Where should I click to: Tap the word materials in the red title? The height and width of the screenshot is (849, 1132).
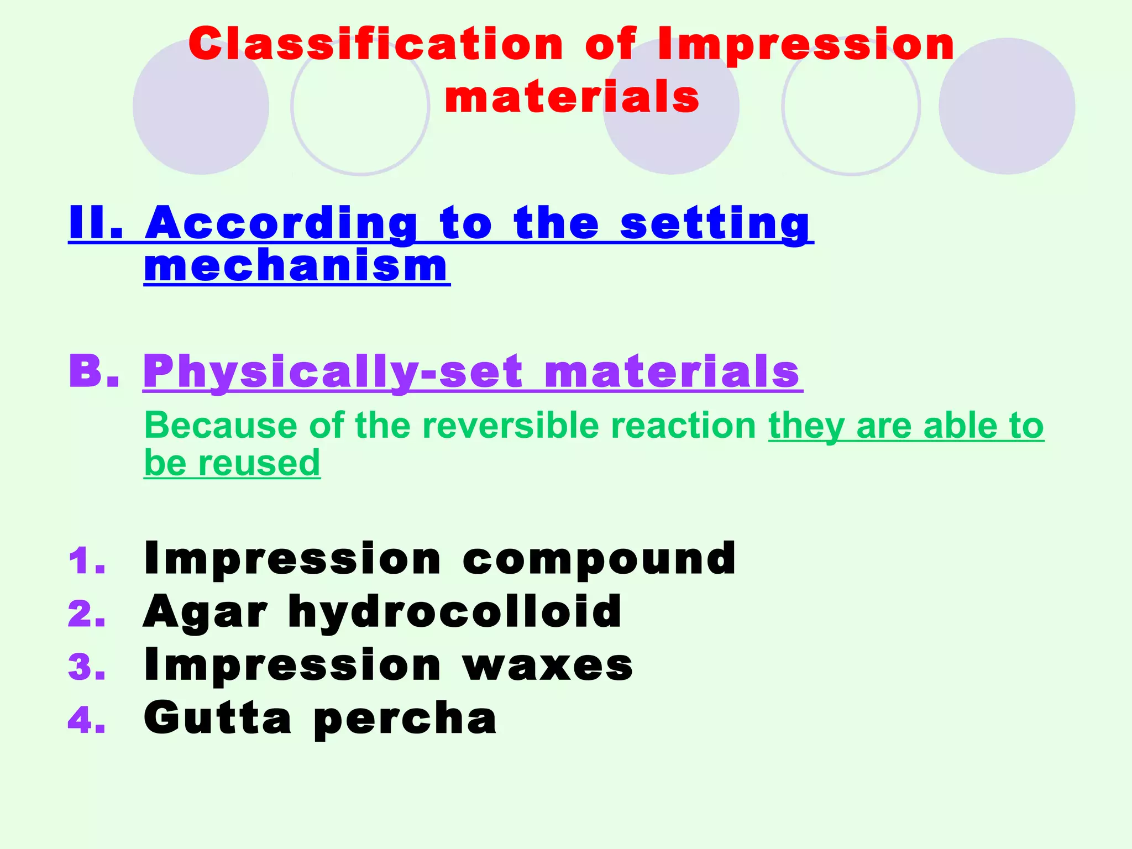(572, 97)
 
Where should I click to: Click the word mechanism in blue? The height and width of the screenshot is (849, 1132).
(296, 266)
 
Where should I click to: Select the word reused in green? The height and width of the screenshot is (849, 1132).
(259, 463)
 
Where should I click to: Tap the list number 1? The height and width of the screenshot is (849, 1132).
(86, 561)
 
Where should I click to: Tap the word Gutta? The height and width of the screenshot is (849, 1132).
(217, 718)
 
